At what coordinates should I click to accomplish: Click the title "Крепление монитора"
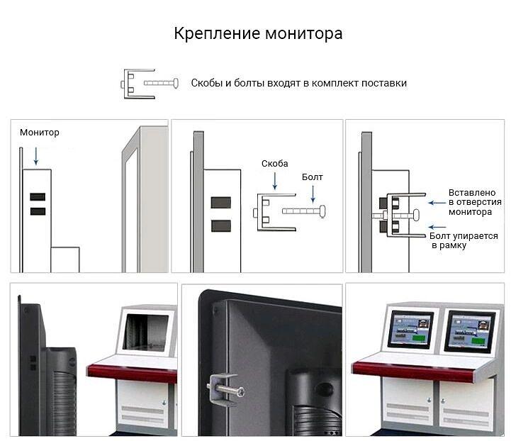pos(258,34)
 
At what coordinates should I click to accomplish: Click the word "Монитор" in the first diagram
pos(40,133)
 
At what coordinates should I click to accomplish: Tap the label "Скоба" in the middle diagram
pos(274,164)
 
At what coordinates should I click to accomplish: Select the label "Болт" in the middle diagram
pos(312,177)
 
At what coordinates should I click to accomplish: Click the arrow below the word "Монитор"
pos(36,155)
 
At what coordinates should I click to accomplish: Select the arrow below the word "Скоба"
pos(274,181)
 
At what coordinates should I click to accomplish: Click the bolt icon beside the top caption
pos(162,83)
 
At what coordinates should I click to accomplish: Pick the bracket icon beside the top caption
pos(135,83)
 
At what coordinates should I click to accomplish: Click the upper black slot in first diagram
pos(38,197)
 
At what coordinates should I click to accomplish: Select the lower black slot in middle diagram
pos(221,226)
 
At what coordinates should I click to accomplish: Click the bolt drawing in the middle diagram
pos(304,211)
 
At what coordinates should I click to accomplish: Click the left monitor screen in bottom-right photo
pos(410,330)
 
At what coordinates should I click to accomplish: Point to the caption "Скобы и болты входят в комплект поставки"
pos(298,83)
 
